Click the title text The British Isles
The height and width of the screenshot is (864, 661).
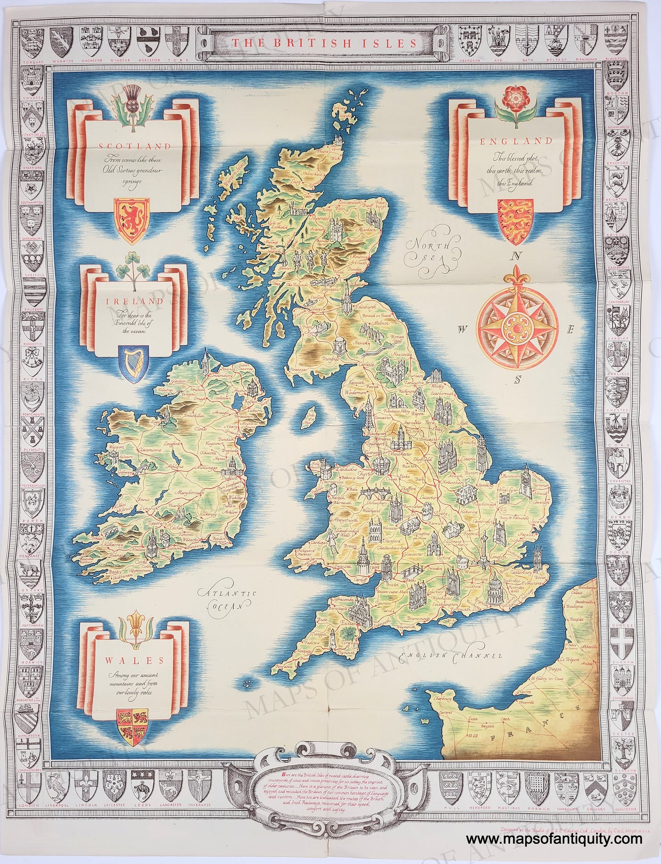[x=324, y=44]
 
